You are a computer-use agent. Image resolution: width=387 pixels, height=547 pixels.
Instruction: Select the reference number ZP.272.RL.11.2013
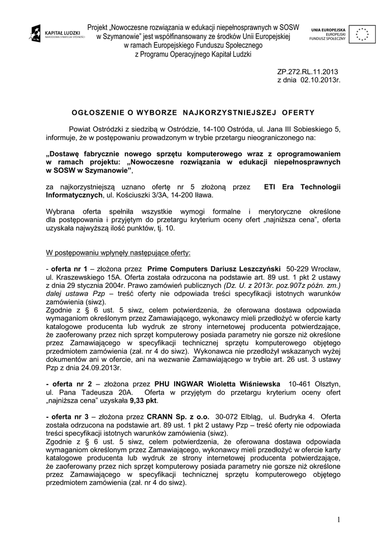point(307,72)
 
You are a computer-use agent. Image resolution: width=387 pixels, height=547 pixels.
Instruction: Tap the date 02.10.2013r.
point(320,80)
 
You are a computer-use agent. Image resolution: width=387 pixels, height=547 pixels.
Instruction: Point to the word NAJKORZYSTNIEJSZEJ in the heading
point(229,112)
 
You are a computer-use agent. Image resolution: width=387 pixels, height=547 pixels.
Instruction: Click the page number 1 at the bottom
point(338,520)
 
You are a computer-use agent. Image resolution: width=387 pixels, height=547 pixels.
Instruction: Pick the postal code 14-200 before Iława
point(170,195)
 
